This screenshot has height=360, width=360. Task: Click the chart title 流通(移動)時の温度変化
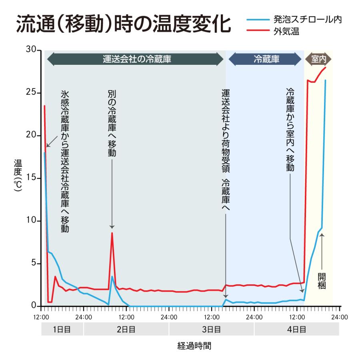tap(123, 25)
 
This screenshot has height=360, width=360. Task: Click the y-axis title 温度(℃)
tap(18, 176)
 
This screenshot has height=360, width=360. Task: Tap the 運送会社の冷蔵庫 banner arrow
tap(135, 59)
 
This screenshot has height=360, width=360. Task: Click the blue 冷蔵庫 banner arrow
tap(265, 59)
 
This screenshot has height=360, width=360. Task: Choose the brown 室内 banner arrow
tap(318, 59)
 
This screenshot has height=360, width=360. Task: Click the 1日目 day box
tap(62, 330)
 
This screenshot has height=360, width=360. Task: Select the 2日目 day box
tap(126, 330)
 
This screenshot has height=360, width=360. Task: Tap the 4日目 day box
tap(296, 330)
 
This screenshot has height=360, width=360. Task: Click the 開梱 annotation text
tap(322, 281)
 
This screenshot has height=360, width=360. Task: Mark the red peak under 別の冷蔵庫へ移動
tap(112, 233)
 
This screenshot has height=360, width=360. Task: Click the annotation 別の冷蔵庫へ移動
tap(112, 124)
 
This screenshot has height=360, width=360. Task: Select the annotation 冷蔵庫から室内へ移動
tap(290, 130)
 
